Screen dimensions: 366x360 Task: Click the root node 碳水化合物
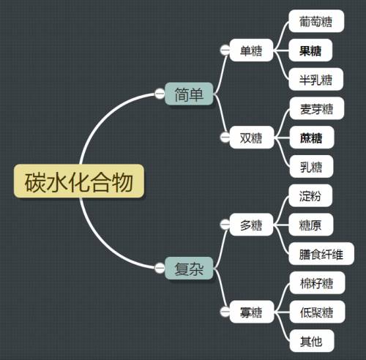coord(79,181)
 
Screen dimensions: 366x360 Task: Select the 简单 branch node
coord(189,94)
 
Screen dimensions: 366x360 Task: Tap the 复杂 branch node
coord(189,269)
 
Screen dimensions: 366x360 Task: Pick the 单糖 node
coord(251,50)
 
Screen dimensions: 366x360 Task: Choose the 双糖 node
coord(251,138)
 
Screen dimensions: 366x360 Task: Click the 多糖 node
coord(251,225)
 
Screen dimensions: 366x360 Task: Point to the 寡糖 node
coord(251,312)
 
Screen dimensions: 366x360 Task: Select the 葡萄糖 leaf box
coord(316,21)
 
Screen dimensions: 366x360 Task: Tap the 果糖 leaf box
coord(310,50)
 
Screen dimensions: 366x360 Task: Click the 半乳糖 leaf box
coord(316,79)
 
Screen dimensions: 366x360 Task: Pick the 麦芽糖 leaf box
coord(317,108)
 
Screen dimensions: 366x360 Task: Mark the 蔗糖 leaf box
coord(312,138)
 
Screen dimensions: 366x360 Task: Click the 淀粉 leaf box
coord(310,195)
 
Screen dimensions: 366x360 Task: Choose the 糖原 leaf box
coord(311,225)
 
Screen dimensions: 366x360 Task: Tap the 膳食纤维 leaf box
coord(321,254)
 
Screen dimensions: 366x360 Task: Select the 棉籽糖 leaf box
coord(317,283)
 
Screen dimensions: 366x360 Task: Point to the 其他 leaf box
coord(312,341)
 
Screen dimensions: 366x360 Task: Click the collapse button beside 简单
coord(160,94)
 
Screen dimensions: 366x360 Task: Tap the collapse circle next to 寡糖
coord(225,312)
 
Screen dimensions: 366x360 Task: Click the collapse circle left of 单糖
coord(225,50)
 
